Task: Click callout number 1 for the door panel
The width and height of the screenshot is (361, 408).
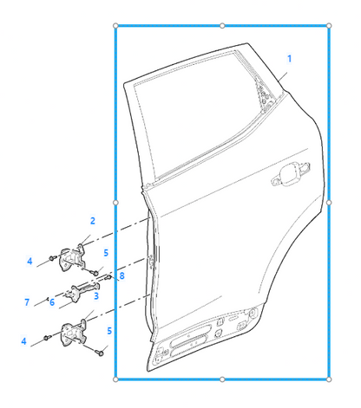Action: (x=289, y=59)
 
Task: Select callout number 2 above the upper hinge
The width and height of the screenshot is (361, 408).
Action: (x=93, y=221)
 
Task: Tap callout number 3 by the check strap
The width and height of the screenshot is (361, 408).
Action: (x=96, y=295)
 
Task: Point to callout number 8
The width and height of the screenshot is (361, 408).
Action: (x=121, y=275)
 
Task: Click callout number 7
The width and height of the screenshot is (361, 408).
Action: (x=27, y=302)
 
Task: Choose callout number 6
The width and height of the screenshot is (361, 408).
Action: (x=52, y=302)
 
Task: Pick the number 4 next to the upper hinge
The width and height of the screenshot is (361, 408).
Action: (x=30, y=262)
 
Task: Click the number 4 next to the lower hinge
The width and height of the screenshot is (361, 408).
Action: (x=23, y=341)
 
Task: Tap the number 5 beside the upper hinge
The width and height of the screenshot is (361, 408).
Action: (x=106, y=253)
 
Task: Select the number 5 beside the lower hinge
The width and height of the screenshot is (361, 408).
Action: (x=109, y=331)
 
